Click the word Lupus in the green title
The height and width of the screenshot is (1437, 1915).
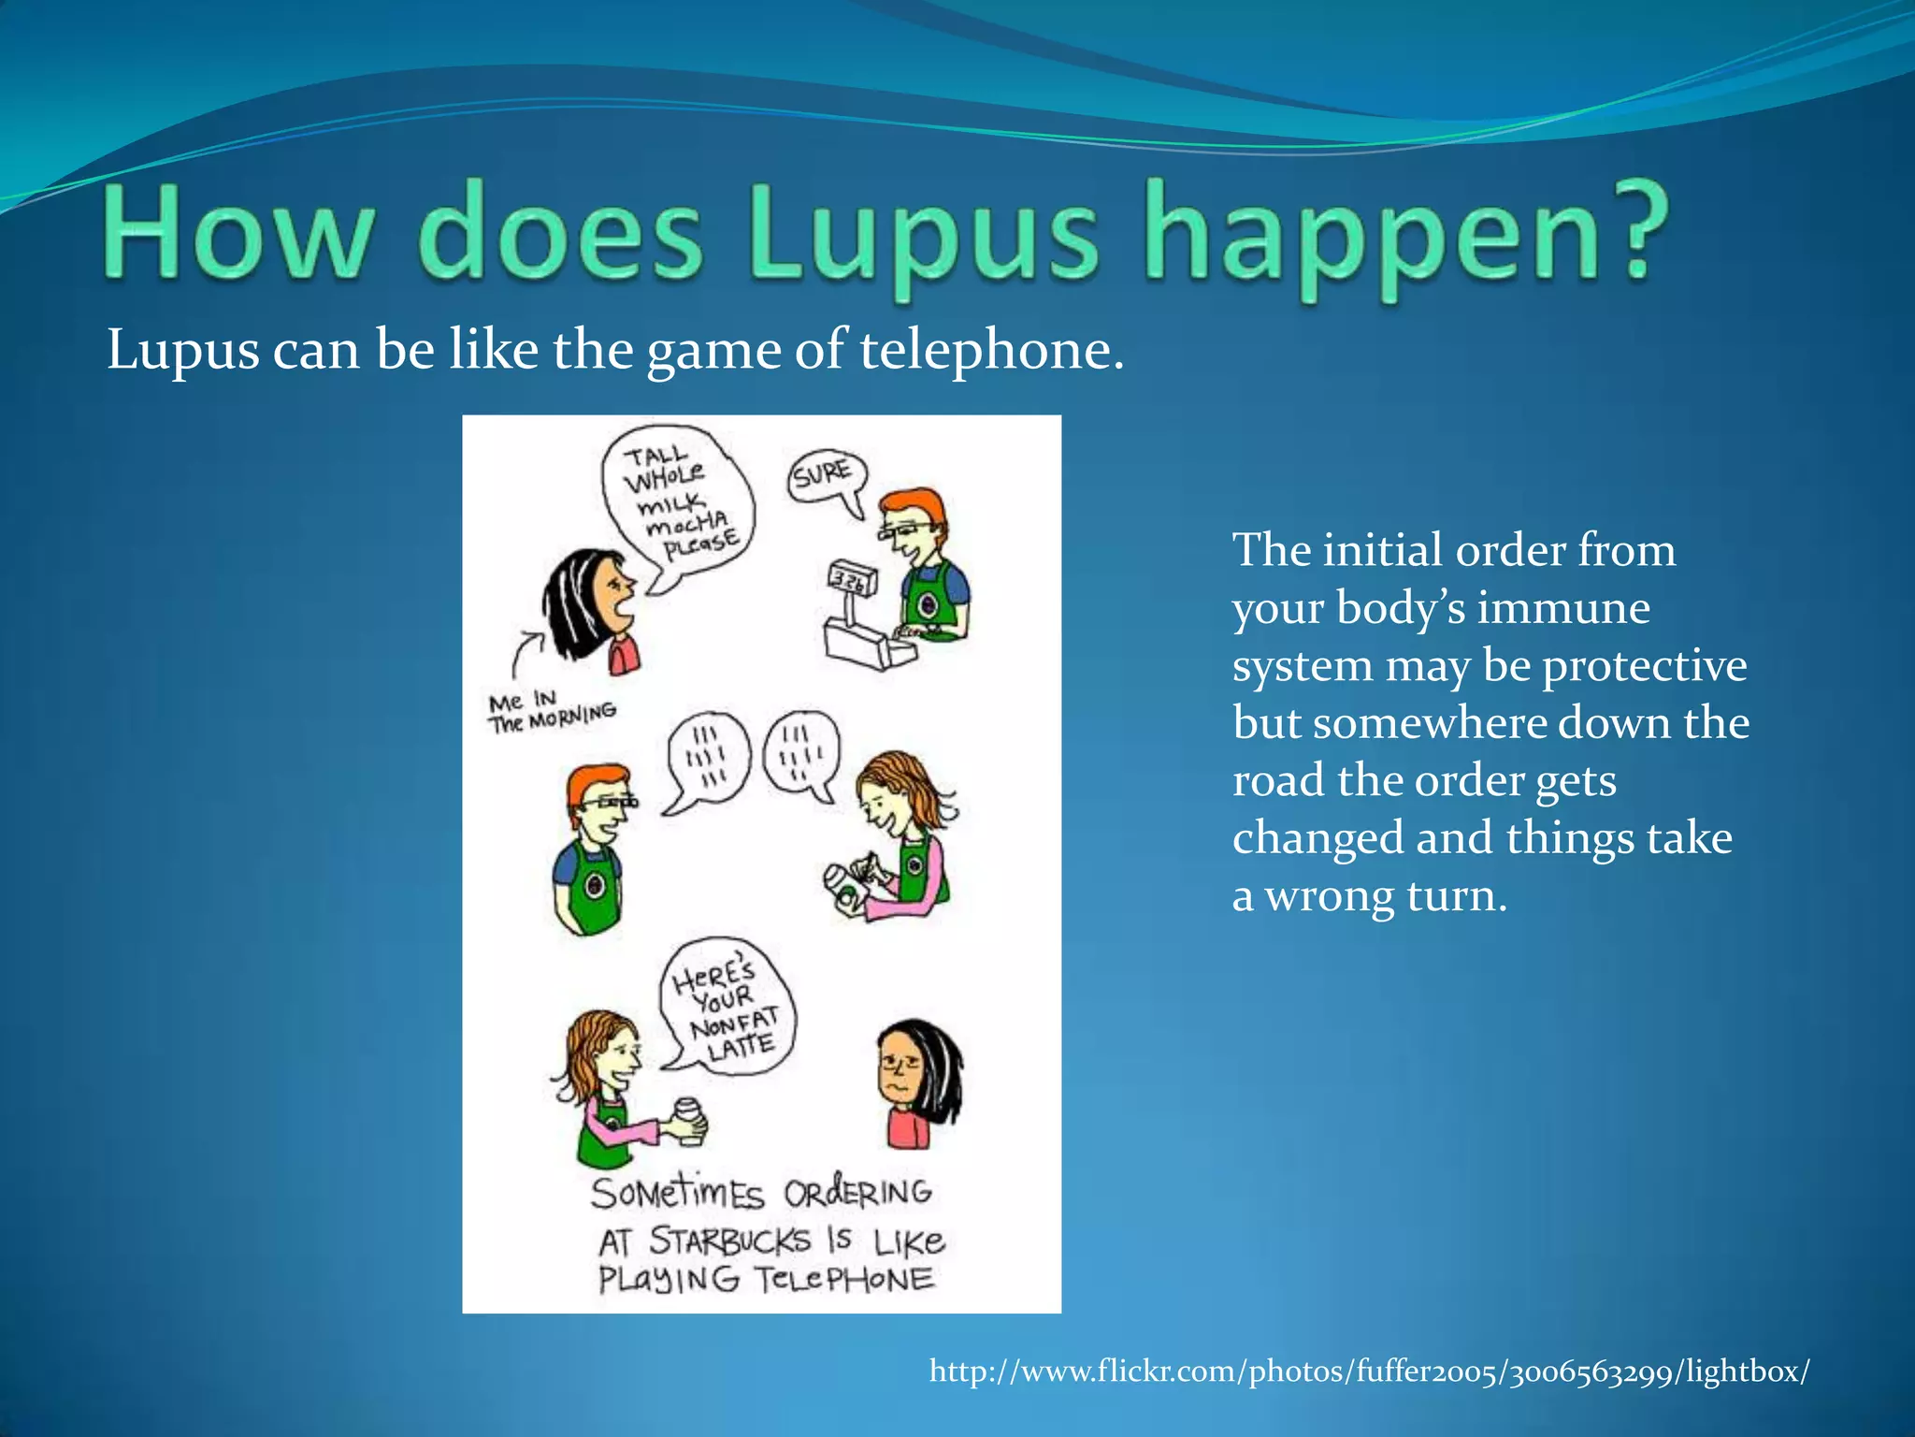coord(921,234)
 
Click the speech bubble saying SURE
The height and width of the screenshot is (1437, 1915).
coord(823,474)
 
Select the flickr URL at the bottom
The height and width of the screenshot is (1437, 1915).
coord(1369,1372)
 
